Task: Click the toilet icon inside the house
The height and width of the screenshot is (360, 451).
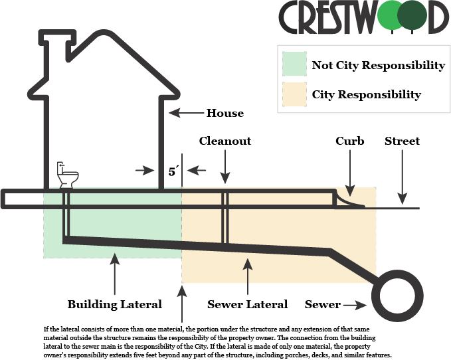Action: [67, 176]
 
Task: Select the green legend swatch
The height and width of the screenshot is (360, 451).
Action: [293, 64]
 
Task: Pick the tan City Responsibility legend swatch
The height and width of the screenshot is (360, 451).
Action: [293, 94]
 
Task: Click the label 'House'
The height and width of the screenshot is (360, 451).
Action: [225, 113]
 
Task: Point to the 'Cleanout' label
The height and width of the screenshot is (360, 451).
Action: [225, 141]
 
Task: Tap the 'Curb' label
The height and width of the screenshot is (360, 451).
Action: [349, 141]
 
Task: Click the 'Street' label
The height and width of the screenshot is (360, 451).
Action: [402, 141]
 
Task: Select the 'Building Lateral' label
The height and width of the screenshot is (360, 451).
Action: [115, 304]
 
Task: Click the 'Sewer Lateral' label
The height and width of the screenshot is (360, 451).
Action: [248, 304]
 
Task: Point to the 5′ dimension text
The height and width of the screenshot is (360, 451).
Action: [173, 171]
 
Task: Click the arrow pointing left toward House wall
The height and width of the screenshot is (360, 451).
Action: [183, 113]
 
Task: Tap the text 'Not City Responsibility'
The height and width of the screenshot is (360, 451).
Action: [378, 65]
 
